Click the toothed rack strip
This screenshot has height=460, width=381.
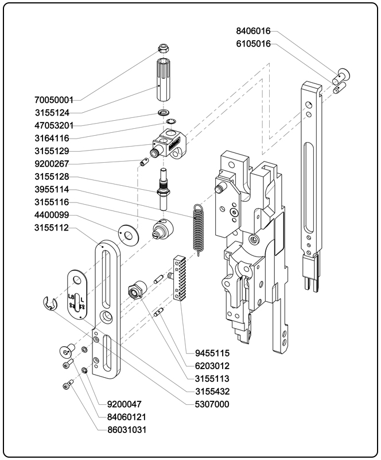coord(181,278)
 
